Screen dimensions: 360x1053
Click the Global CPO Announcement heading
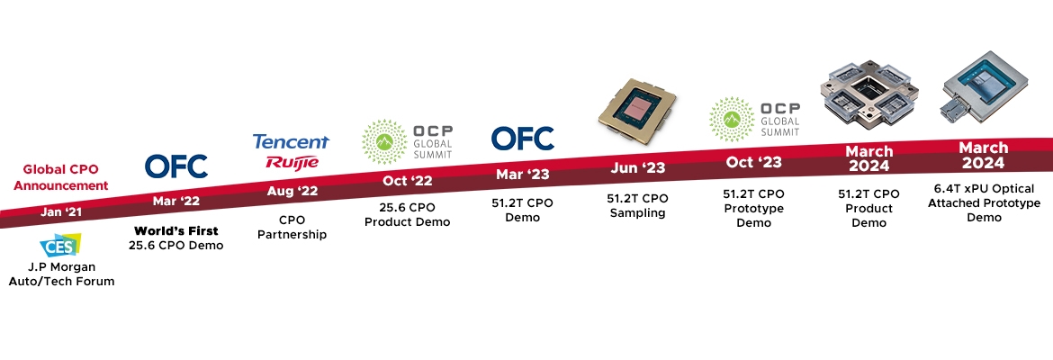[66, 176]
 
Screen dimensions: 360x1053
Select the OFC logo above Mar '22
[176, 166]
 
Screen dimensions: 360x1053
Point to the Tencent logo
[291, 142]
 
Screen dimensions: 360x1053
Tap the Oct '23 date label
[752, 163]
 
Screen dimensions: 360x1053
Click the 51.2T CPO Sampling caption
[637, 206]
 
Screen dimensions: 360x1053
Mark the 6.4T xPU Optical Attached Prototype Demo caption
[984, 203]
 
